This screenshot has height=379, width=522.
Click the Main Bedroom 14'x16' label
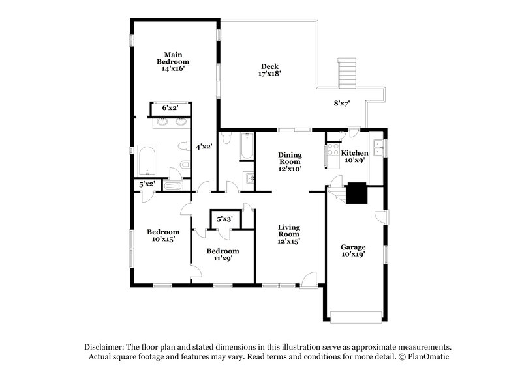(172, 61)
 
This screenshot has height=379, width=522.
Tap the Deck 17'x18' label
(270, 70)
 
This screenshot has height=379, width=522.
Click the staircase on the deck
(347, 71)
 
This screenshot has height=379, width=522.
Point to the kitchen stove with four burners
(330, 156)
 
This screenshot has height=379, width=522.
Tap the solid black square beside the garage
(357, 193)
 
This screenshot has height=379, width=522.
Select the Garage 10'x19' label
(353, 251)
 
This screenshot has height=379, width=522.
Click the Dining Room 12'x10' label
(290, 161)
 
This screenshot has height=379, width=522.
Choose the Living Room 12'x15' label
(288, 234)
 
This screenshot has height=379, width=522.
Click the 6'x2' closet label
(170, 108)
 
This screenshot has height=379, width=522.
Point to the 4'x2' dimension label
(204, 147)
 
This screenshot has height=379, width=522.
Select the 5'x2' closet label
(146, 185)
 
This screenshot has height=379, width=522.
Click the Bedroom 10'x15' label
(162, 236)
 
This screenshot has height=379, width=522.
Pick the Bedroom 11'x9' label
(223, 255)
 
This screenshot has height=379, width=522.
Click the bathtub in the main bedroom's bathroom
(147, 160)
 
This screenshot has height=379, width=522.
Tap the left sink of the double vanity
(161, 121)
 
